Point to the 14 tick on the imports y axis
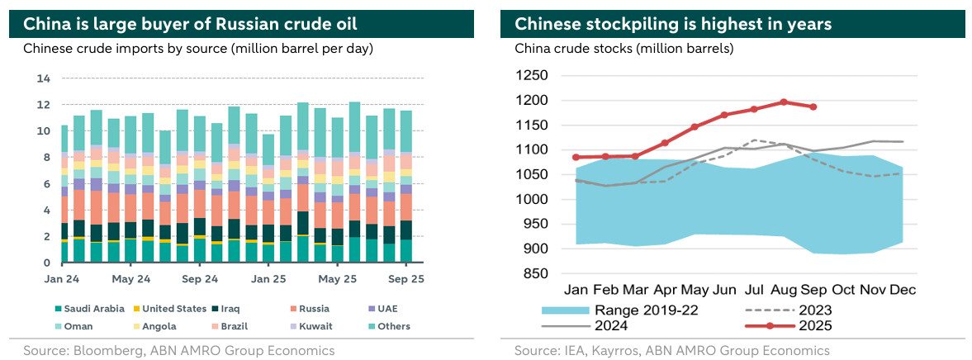pos(44,78)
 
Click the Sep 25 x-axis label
pos(406,279)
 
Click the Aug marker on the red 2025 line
pos(783,102)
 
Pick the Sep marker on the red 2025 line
pos(814,107)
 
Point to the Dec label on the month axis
pos(903,291)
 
